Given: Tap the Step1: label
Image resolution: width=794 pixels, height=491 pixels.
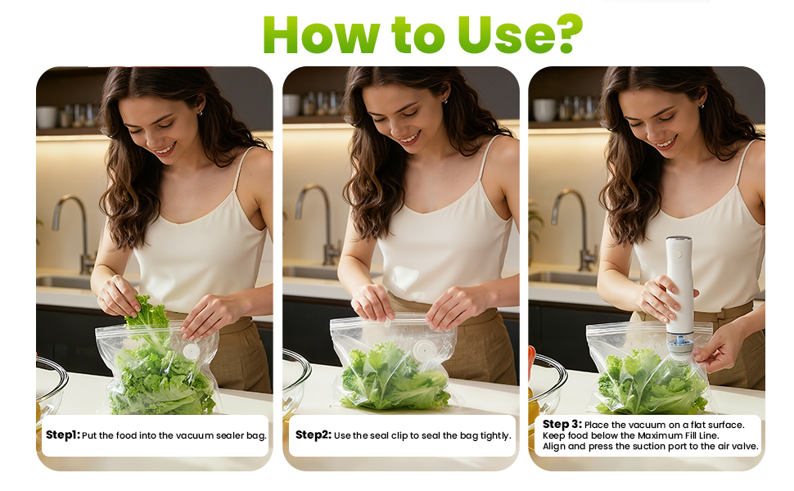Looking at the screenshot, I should (x=63, y=435).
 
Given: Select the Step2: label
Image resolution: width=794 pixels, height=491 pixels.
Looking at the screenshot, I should (x=314, y=435).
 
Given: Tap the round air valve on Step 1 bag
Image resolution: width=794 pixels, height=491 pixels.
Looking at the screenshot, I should (x=190, y=351).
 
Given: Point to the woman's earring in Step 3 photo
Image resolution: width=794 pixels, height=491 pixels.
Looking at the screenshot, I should (x=701, y=105).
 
